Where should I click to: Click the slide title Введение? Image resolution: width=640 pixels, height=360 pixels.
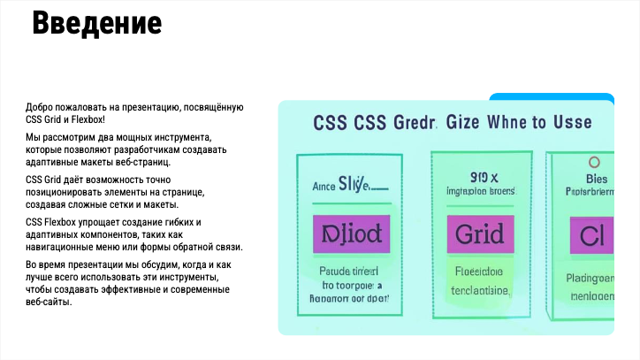pos(96,23)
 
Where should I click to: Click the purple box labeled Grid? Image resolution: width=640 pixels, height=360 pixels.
pos(479,234)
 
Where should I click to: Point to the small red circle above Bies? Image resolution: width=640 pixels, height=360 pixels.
pos(593,163)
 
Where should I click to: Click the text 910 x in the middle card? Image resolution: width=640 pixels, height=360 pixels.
pos(478,175)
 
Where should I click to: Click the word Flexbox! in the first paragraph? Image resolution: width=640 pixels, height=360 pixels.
pos(88,119)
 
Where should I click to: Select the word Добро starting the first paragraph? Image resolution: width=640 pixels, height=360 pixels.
pos(39,107)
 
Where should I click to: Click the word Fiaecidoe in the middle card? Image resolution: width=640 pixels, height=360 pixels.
pos(478,272)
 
